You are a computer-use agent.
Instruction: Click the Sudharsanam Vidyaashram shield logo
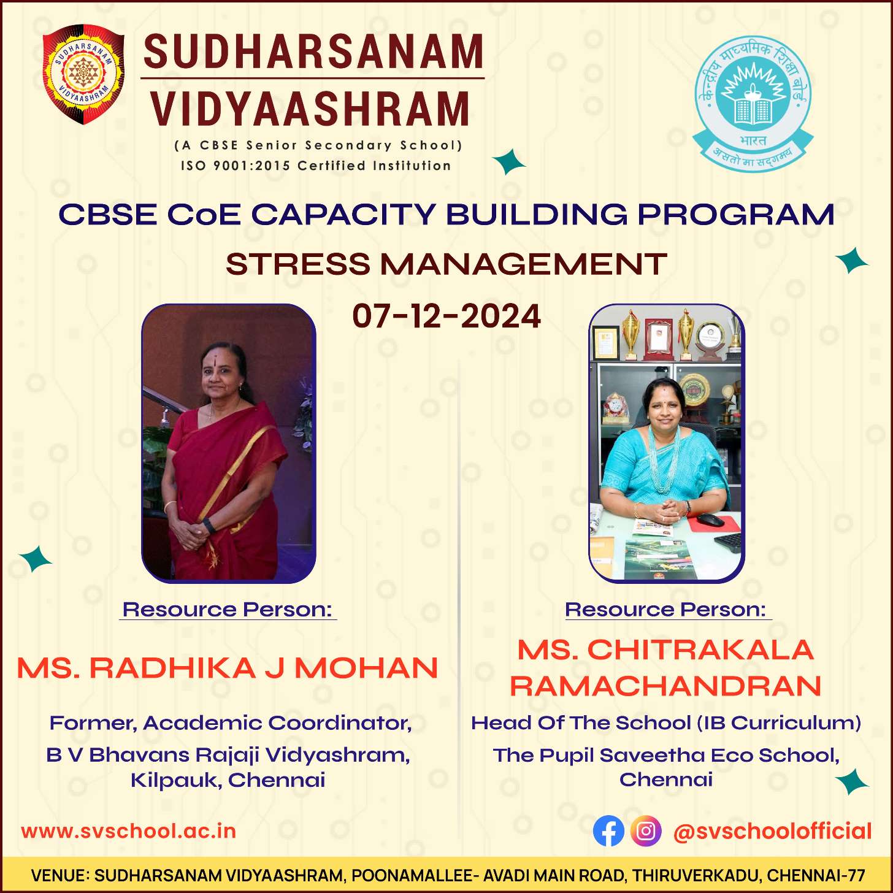tap(83, 74)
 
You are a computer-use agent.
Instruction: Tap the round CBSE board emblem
tap(753, 103)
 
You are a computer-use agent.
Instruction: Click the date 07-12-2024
tap(447, 316)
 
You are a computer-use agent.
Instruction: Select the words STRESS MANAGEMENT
tap(447, 264)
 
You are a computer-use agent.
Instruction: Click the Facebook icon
tap(608, 831)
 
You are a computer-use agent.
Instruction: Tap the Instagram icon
tap(646, 831)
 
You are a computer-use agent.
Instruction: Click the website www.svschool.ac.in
tap(128, 831)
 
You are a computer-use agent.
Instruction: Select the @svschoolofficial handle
tap(772, 832)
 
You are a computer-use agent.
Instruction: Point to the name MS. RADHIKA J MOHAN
tap(228, 668)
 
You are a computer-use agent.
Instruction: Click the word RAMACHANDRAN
tap(665, 686)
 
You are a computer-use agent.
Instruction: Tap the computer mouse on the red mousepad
tap(710, 519)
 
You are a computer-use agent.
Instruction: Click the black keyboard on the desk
tap(728, 542)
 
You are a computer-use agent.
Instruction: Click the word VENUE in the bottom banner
tap(59, 875)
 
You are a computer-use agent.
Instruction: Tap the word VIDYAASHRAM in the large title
tap(310, 109)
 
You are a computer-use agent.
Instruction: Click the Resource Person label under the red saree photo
tap(228, 610)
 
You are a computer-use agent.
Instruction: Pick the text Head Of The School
tap(581, 723)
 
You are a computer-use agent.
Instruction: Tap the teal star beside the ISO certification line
tap(508, 161)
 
